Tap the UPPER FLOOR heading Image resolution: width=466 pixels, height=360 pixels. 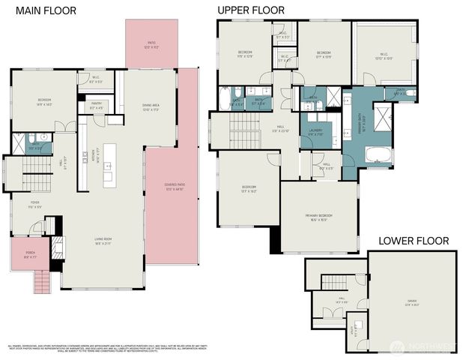pyautogui.click(x=251, y=10)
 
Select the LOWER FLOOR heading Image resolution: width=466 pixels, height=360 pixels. pyautogui.click(x=413, y=241)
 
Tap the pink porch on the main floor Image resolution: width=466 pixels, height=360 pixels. pyautogui.click(x=31, y=255)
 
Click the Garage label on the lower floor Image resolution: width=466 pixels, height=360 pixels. pyautogui.click(x=412, y=302)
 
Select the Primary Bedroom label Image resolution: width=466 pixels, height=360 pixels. pyautogui.click(x=318, y=217)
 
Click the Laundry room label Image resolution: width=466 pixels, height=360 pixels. pyautogui.click(x=315, y=132)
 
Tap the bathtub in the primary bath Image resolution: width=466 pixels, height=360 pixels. pyautogui.click(x=378, y=155)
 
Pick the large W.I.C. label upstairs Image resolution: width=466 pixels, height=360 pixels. pyautogui.click(x=384, y=56)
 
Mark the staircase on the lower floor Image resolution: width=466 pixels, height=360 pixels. pyautogui.click(x=334, y=282)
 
